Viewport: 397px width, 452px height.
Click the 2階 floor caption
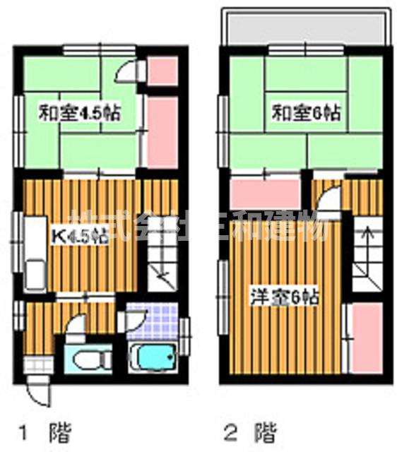coord(250,430)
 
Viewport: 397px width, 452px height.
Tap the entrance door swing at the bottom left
coord(39,389)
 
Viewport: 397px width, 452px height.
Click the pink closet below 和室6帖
coord(264,194)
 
